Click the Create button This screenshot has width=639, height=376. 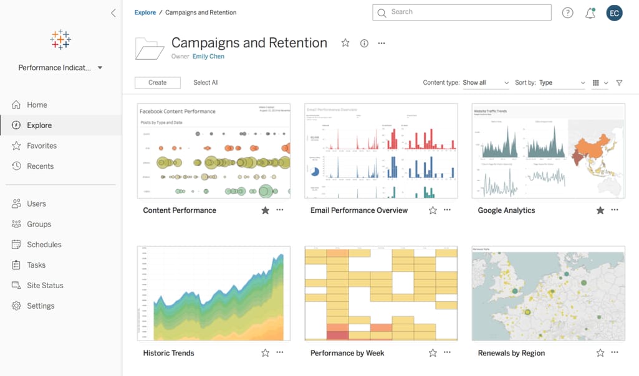click(158, 83)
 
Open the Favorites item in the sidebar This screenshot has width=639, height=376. click(42, 146)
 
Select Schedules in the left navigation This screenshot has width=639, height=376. click(44, 245)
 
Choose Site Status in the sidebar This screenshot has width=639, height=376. click(45, 285)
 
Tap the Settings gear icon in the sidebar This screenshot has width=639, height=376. click(16, 306)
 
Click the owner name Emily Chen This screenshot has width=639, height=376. click(208, 57)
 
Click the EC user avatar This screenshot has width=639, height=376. click(614, 13)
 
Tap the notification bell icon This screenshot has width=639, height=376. click(590, 13)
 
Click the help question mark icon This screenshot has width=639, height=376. click(567, 13)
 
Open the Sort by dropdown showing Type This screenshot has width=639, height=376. click(562, 83)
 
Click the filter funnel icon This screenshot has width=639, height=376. click(619, 83)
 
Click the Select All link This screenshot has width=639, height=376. click(206, 83)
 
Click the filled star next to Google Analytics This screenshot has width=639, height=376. click(600, 210)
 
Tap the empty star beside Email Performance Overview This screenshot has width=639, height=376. click(433, 210)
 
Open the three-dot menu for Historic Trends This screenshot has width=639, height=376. click(280, 352)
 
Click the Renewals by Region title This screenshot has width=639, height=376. click(511, 353)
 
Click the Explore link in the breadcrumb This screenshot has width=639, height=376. click(145, 12)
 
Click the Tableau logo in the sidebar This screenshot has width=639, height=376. click(60, 39)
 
